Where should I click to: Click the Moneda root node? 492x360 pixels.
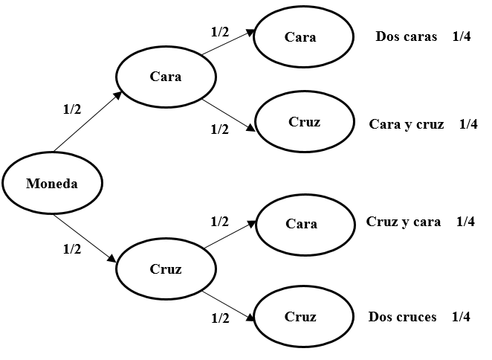[x=52, y=184]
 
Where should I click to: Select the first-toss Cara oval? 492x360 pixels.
[x=165, y=76]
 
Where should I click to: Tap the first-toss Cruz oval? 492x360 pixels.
[x=165, y=269]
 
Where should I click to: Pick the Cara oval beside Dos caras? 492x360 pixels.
[x=300, y=37]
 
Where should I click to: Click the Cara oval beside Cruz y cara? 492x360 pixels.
[x=301, y=223]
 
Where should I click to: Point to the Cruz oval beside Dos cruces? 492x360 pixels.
[x=300, y=317]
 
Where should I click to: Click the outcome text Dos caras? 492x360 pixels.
[x=406, y=38]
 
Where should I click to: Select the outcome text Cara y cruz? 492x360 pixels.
[x=406, y=124]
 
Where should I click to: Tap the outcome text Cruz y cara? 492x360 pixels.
[x=404, y=222]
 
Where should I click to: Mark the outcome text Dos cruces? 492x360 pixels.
[x=402, y=317]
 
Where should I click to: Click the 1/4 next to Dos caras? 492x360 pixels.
[x=461, y=38]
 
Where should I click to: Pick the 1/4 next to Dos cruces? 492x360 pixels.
[x=461, y=317]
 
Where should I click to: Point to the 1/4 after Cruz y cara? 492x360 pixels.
[x=465, y=222]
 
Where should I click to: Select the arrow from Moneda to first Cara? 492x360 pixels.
[x=86, y=123]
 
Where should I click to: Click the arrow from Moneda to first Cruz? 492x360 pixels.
[x=85, y=238]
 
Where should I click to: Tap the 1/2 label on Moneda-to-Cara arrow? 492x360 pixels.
[x=72, y=109]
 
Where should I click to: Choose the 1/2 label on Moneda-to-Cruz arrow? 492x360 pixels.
[x=72, y=250]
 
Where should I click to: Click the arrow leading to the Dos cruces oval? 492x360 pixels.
[x=230, y=302]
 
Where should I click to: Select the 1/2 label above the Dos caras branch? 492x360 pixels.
[x=220, y=32]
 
